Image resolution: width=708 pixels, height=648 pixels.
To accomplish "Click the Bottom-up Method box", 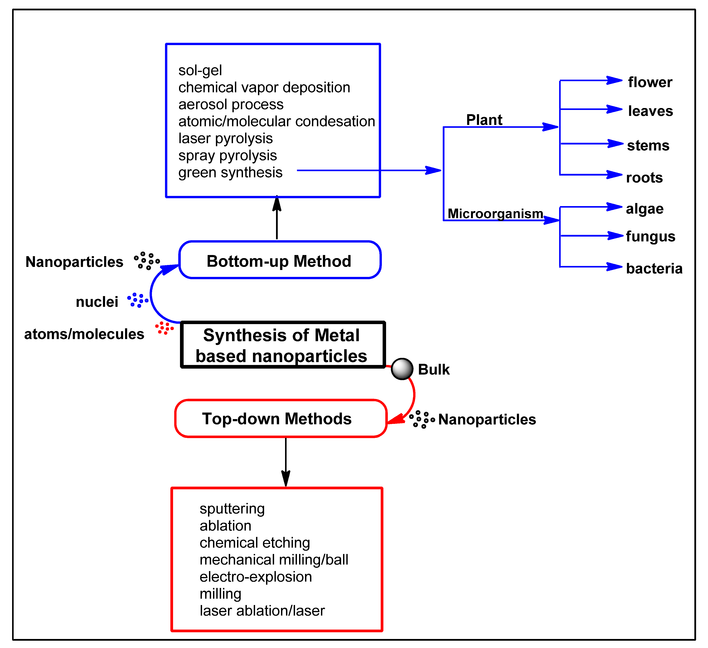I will point(279,260).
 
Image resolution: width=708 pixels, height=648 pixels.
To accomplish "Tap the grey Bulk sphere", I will point(402,369).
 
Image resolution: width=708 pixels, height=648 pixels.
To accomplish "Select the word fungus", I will point(650,236).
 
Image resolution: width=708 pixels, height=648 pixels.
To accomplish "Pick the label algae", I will point(644,209).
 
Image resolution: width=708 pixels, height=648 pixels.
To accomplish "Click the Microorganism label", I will point(495,213).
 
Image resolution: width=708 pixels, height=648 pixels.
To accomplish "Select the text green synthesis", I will point(230,172).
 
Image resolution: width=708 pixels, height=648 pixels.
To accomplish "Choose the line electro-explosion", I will point(256,577).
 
